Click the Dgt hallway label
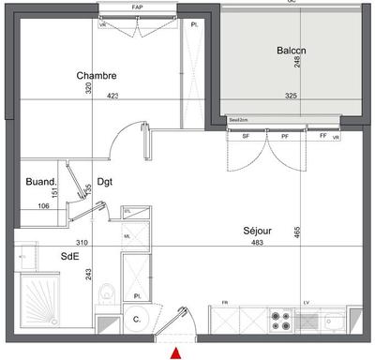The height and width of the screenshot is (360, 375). pos(104,183)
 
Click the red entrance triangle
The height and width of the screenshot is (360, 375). pos(175,352)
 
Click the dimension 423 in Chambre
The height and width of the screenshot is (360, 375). pos(112,95)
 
